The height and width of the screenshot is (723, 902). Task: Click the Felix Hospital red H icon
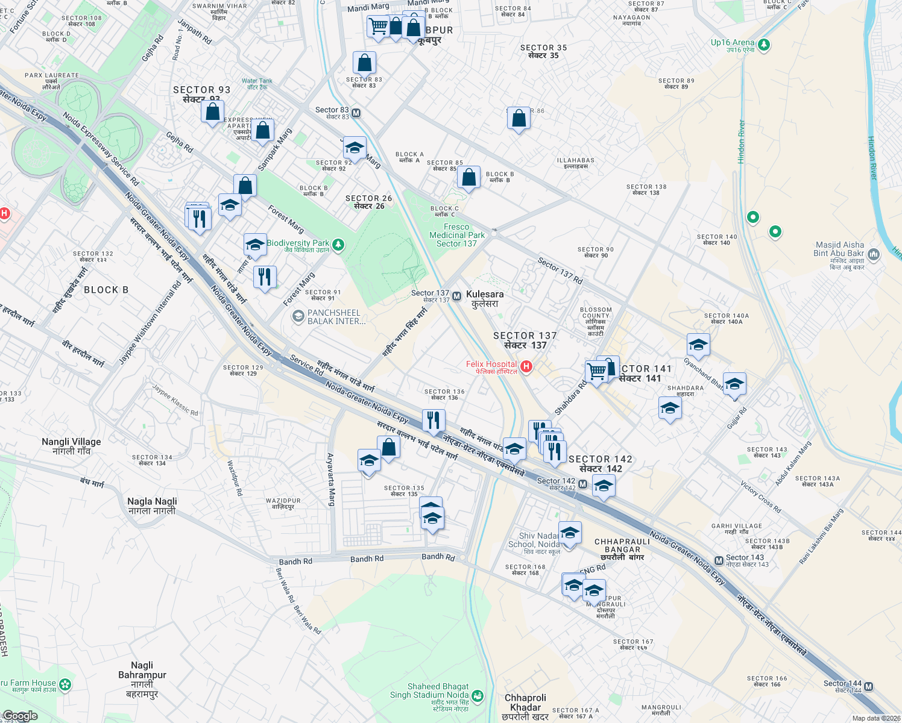click(x=526, y=366)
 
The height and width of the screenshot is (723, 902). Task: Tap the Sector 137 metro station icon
click(x=457, y=296)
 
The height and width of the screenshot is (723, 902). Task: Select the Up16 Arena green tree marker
click(x=764, y=45)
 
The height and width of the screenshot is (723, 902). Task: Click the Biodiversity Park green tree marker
click(x=338, y=244)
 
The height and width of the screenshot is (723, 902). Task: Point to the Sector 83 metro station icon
click(x=356, y=113)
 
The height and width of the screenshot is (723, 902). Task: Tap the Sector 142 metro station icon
click(x=582, y=484)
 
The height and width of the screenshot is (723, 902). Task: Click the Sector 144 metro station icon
click(x=869, y=686)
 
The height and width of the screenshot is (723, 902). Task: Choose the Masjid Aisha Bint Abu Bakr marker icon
click(x=874, y=254)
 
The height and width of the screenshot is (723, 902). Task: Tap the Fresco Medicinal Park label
click(x=456, y=236)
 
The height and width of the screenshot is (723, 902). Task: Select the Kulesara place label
click(x=485, y=299)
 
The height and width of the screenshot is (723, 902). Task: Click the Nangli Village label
click(x=71, y=446)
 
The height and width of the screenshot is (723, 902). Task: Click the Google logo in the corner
click(x=19, y=716)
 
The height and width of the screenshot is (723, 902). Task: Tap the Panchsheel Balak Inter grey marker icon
click(x=298, y=316)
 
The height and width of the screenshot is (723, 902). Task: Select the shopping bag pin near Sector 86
click(x=519, y=119)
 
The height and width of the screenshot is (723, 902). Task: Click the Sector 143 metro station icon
click(x=719, y=560)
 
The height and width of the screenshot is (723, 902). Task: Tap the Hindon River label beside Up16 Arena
click(x=742, y=142)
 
